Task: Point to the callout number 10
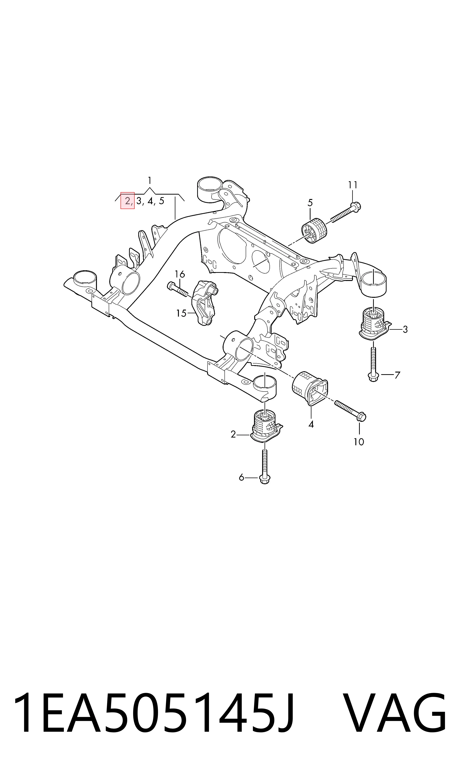pos(359,442)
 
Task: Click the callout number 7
pos(397,375)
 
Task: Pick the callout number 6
pos(241,478)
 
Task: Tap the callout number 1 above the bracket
pos(150,180)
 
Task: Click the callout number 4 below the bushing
pos(311,424)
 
